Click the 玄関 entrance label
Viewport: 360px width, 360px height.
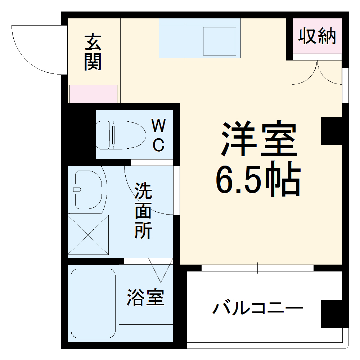(93, 53)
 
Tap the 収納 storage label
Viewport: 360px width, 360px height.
(317, 36)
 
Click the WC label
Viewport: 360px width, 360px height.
(158, 136)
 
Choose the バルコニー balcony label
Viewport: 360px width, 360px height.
(258, 309)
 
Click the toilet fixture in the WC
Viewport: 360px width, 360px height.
(120, 135)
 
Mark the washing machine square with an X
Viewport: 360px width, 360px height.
(88, 235)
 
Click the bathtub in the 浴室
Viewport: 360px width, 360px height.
(93, 303)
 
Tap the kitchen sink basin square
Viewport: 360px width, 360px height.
(219, 41)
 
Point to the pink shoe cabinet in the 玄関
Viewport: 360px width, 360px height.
(93, 94)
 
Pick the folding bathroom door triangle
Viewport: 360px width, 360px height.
(161, 271)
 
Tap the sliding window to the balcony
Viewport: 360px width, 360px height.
(257, 268)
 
